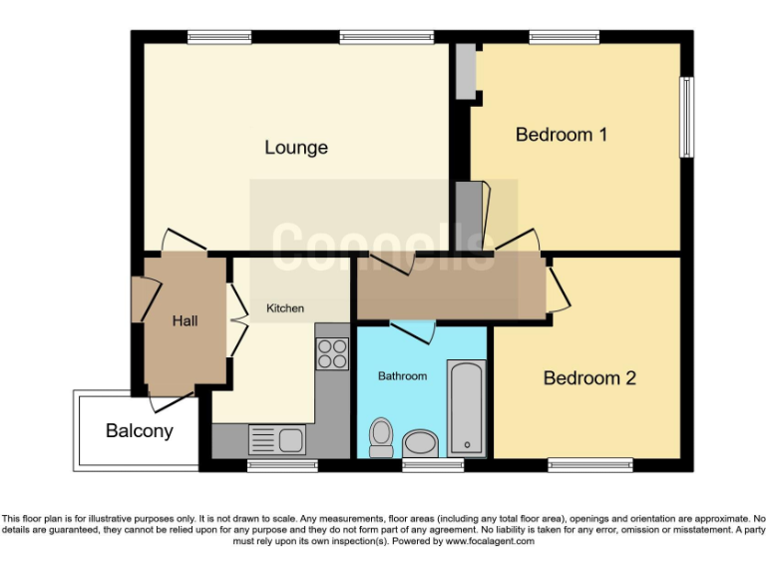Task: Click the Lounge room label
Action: [296, 148]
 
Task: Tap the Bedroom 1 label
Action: [562, 134]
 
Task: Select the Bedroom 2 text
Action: [589, 378]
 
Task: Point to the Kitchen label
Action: [284, 308]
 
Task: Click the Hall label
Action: [185, 320]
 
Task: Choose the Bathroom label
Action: [402, 376]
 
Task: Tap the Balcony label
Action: [140, 431]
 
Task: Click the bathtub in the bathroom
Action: [466, 407]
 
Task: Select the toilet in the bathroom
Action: [381, 436]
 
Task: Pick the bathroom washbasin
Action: [421, 443]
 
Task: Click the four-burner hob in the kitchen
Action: [333, 353]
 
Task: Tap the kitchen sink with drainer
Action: [277, 439]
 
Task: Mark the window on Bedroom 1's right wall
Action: [686, 117]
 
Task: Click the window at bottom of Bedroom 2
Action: [590, 464]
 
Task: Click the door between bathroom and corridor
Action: [412, 329]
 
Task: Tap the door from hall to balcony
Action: [172, 401]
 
